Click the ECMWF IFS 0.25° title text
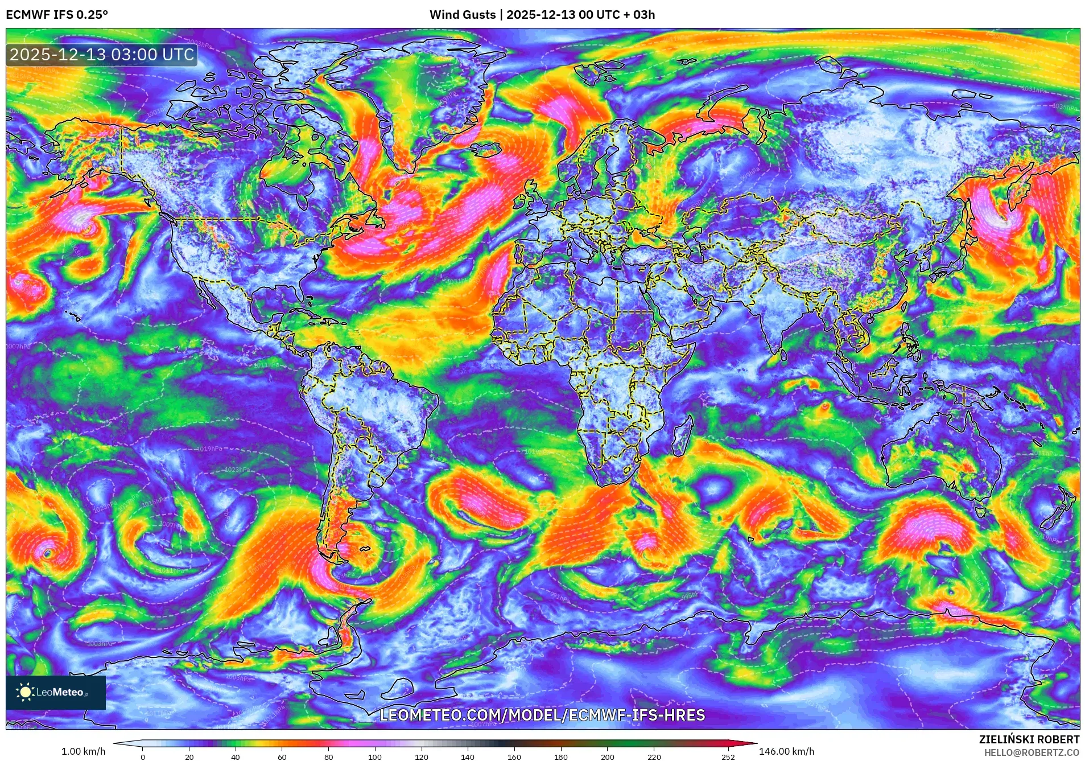click(x=57, y=15)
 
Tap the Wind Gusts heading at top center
click(x=542, y=15)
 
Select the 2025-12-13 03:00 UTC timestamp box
click(x=102, y=55)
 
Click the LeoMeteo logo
click(x=55, y=692)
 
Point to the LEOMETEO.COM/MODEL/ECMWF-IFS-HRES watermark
click(x=542, y=715)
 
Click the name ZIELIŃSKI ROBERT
click(x=1029, y=739)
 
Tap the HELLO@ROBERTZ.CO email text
click(x=1032, y=752)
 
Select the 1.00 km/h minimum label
click(x=83, y=751)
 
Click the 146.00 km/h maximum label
click(x=786, y=751)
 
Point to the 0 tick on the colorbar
click(x=143, y=757)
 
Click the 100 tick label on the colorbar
click(x=374, y=757)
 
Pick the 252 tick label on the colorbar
click(x=728, y=757)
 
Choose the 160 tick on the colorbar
click(x=514, y=757)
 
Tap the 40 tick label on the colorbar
click(x=235, y=757)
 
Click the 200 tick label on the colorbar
click(x=607, y=757)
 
